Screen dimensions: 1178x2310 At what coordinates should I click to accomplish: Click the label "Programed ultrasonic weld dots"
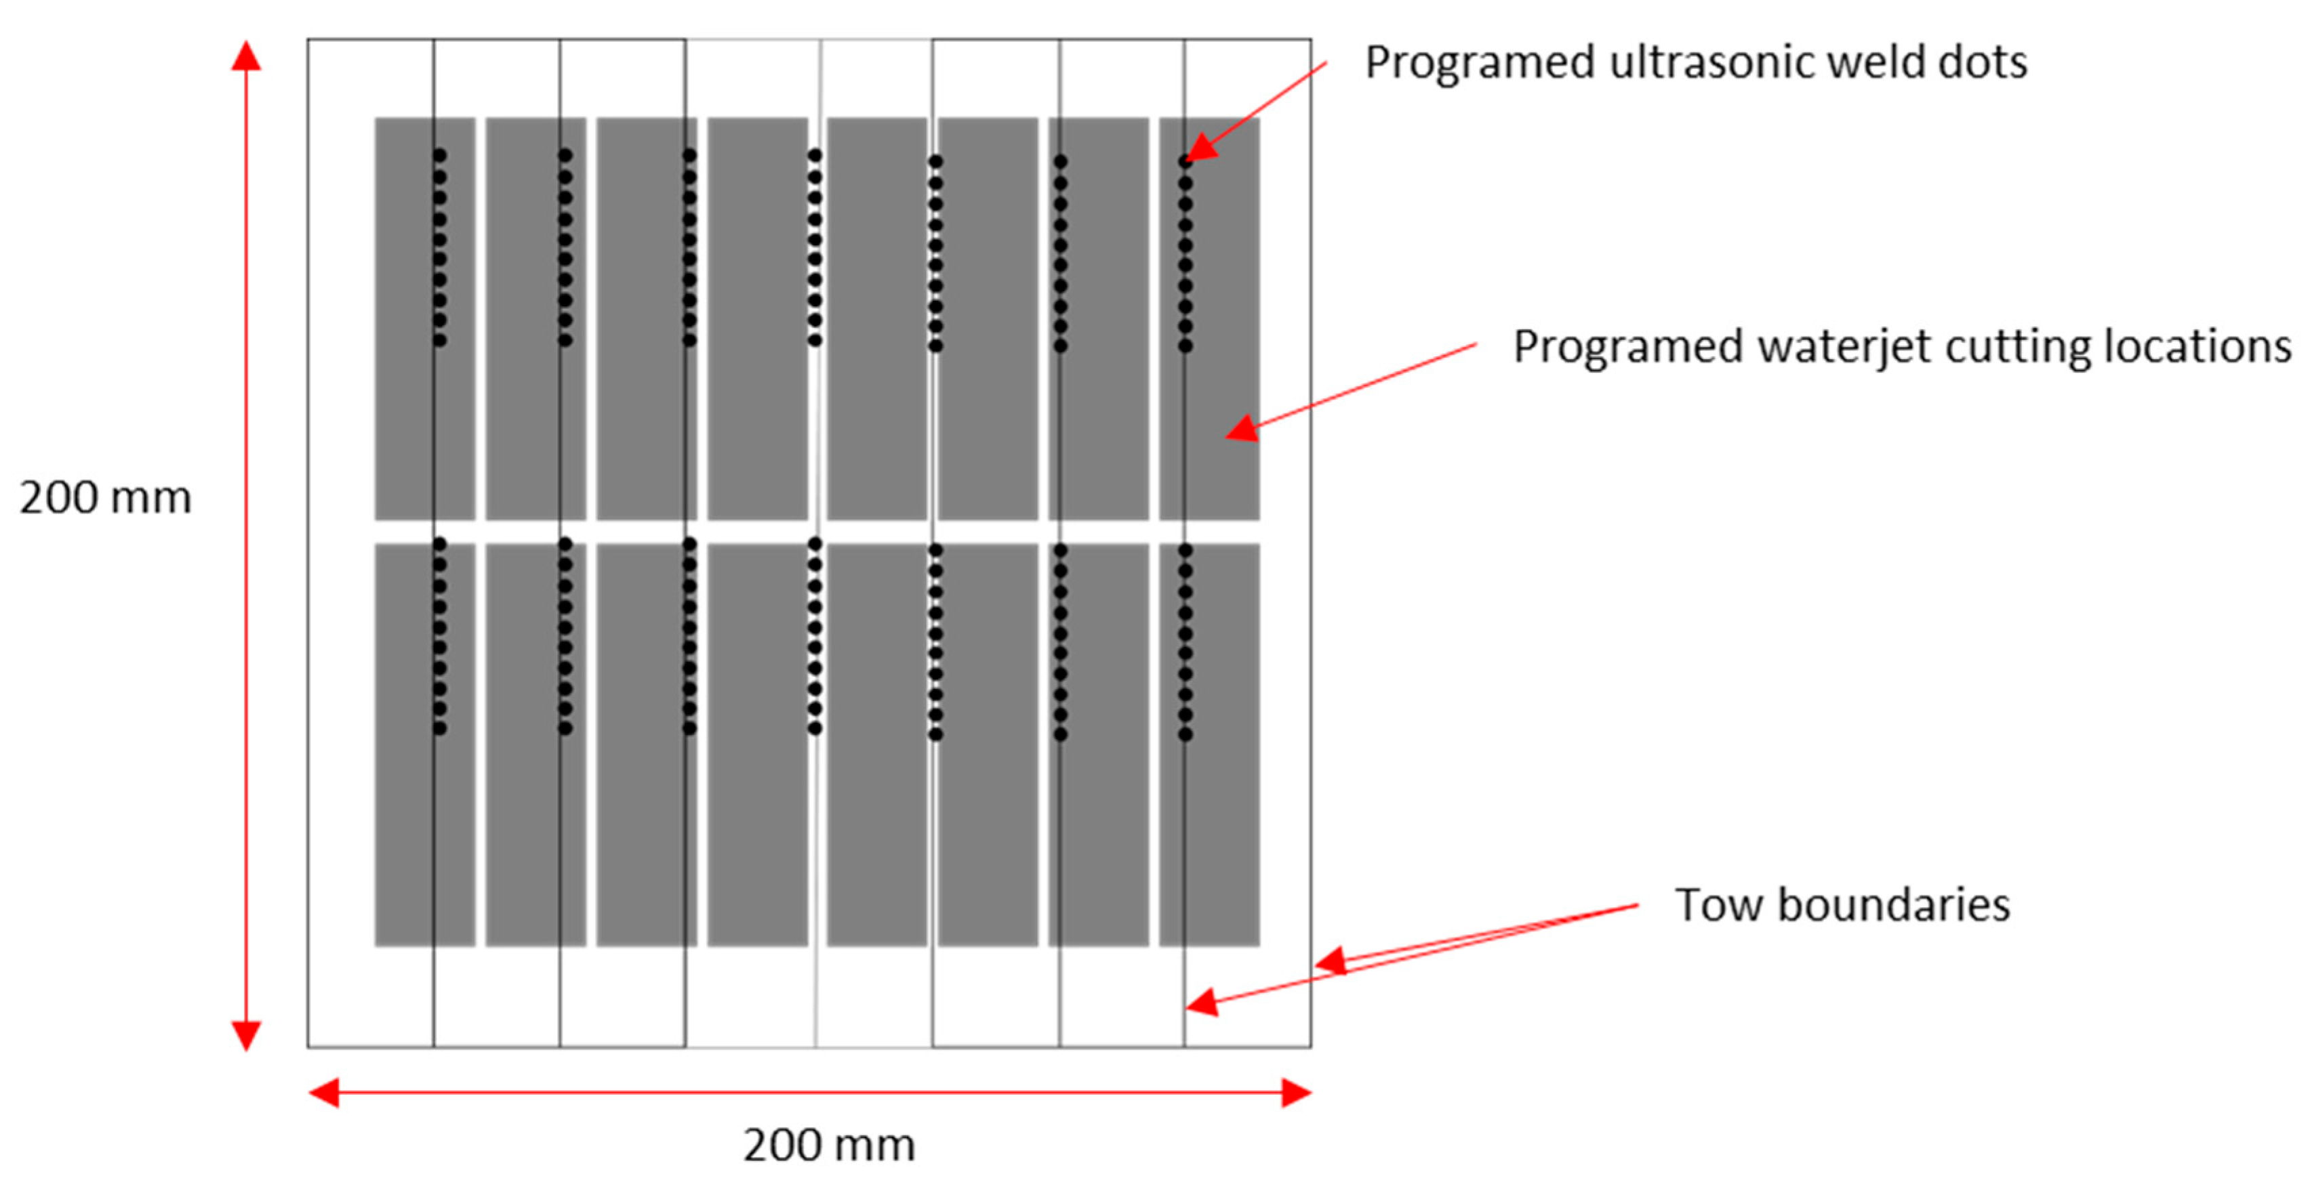pyautogui.click(x=1695, y=63)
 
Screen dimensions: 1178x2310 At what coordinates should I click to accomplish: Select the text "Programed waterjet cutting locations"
pyautogui.click(x=1901, y=347)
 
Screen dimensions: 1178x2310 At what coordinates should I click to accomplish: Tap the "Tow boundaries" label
pyautogui.click(x=1842, y=904)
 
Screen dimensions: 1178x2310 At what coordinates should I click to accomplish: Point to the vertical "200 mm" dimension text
pyautogui.click(x=106, y=499)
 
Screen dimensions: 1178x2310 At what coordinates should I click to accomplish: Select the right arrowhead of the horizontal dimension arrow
pyautogui.click(x=1296, y=1093)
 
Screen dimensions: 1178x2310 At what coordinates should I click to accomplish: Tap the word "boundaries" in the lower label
pyautogui.click(x=1894, y=904)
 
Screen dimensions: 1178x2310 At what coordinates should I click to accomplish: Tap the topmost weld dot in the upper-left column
pyautogui.click(x=439, y=156)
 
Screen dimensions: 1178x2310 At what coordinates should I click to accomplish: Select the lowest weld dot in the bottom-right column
pyautogui.click(x=1186, y=734)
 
